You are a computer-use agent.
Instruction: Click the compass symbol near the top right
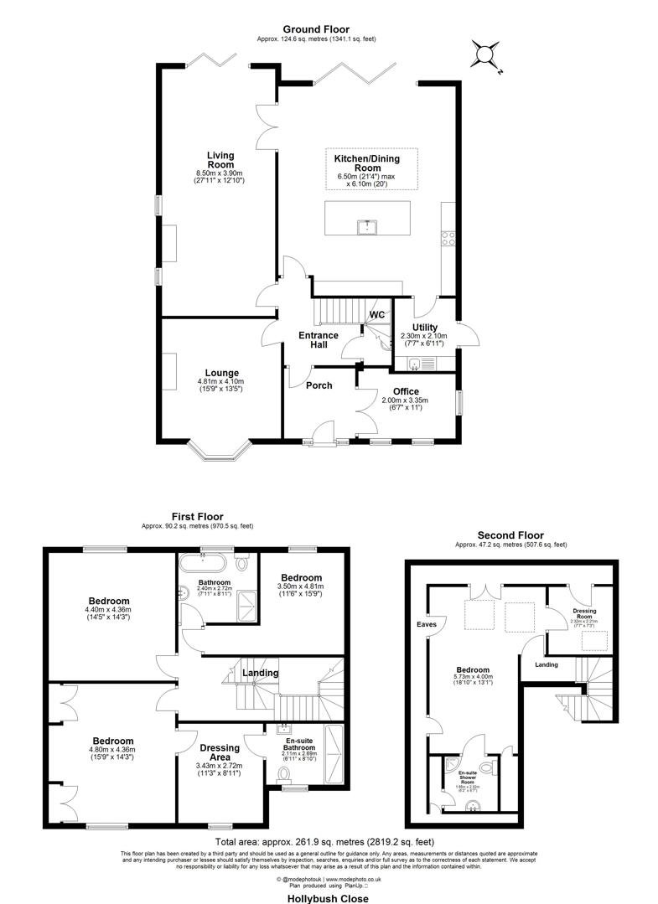pos(485,55)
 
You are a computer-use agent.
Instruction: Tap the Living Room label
pos(221,160)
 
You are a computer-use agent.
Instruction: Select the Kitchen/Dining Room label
pos(366,163)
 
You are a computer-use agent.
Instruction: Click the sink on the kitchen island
pos(366,225)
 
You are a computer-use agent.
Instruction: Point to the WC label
pos(377,315)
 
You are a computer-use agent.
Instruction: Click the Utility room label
pos(424,328)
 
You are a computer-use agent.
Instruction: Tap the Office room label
pos(405,391)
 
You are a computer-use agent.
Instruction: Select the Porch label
pos(319,385)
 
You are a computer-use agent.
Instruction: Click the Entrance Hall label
pos(319,340)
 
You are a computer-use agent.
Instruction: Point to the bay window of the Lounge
pos(220,453)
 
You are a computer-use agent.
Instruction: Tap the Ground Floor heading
pos(316,29)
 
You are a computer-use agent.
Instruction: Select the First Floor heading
pos(197,517)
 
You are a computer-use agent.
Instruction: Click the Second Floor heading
pos(510,535)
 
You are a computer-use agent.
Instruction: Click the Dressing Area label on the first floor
pos(220,752)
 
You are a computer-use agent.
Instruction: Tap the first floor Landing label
pos(261,673)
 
